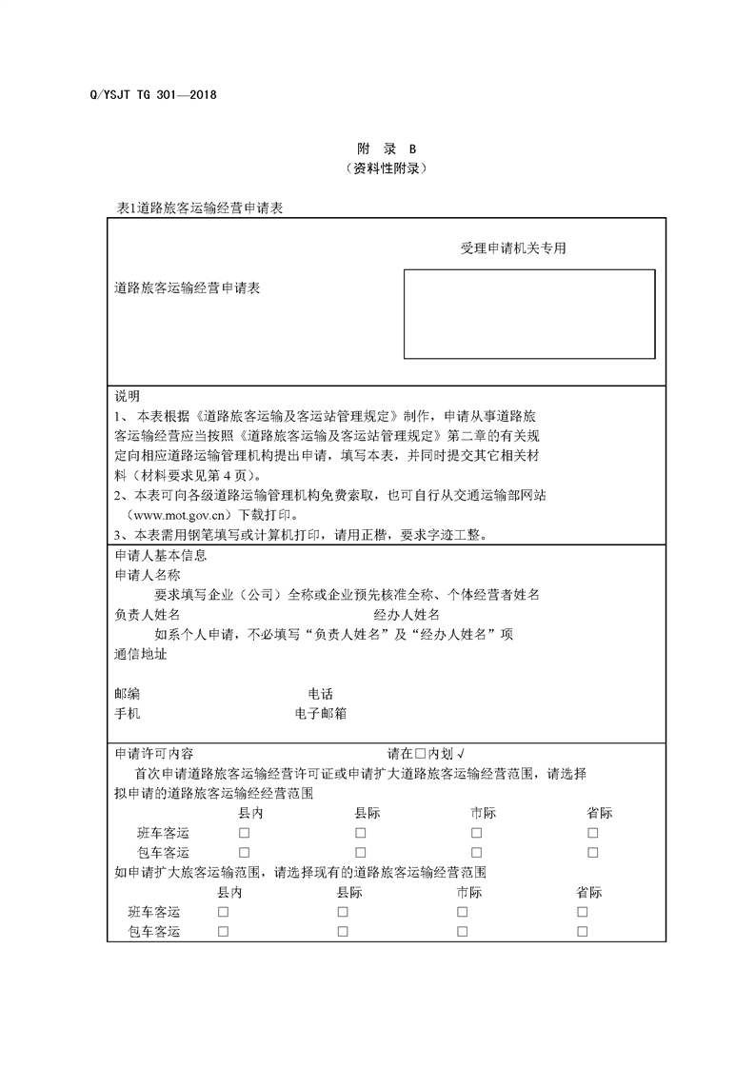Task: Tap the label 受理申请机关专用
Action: (x=513, y=247)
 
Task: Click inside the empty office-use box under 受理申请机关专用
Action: (x=528, y=314)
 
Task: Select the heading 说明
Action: (x=128, y=396)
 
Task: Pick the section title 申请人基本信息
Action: (x=160, y=556)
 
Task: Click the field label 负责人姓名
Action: (x=147, y=615)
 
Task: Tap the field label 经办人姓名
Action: (x=407, y=615)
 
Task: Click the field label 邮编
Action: (x=127, y=694)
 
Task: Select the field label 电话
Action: (x=320, y=694)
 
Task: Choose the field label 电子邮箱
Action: (x=321, y=712)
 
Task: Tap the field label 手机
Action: (x=127, y=712)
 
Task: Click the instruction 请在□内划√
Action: (x=426, y=752)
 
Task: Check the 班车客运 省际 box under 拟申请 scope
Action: (x=593, y=833)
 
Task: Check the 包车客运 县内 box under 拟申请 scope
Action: (x=244, y=852)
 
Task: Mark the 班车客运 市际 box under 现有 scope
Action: (x=462, y=912)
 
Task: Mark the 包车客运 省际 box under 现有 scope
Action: (x=582, y=931)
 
